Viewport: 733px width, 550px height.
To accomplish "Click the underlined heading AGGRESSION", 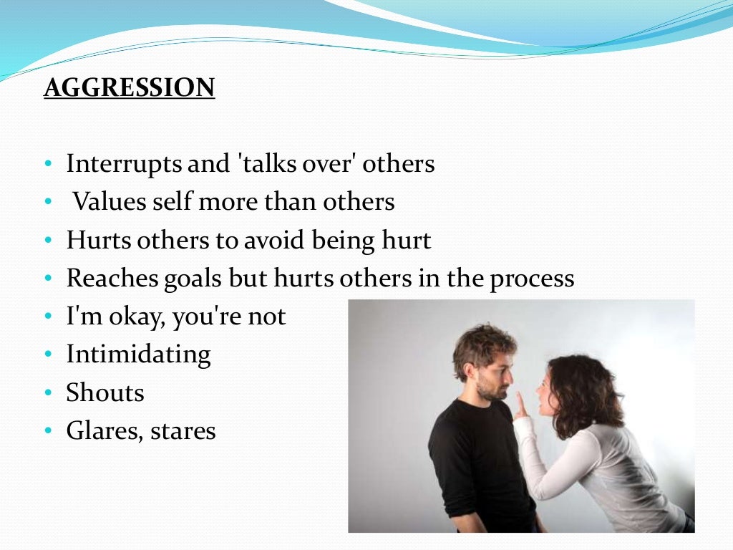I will [x=129, y=87].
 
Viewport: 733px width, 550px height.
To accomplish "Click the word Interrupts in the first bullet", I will [x=124, y=164].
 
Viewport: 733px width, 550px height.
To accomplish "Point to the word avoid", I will [x=274, y=240].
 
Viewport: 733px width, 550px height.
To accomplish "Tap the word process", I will [x=532, y=279].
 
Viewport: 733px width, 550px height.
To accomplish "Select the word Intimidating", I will [x=138, y=354].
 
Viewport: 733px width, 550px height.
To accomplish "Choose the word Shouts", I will [x=105, y=392].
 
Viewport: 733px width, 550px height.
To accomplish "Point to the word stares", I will [x=183, y=431].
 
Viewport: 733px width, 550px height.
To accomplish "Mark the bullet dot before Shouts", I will [x=48, y=393].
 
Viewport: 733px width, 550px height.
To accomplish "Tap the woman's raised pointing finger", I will [x=520, y=402].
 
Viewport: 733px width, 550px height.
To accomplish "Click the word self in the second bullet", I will [x=171, y=202].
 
